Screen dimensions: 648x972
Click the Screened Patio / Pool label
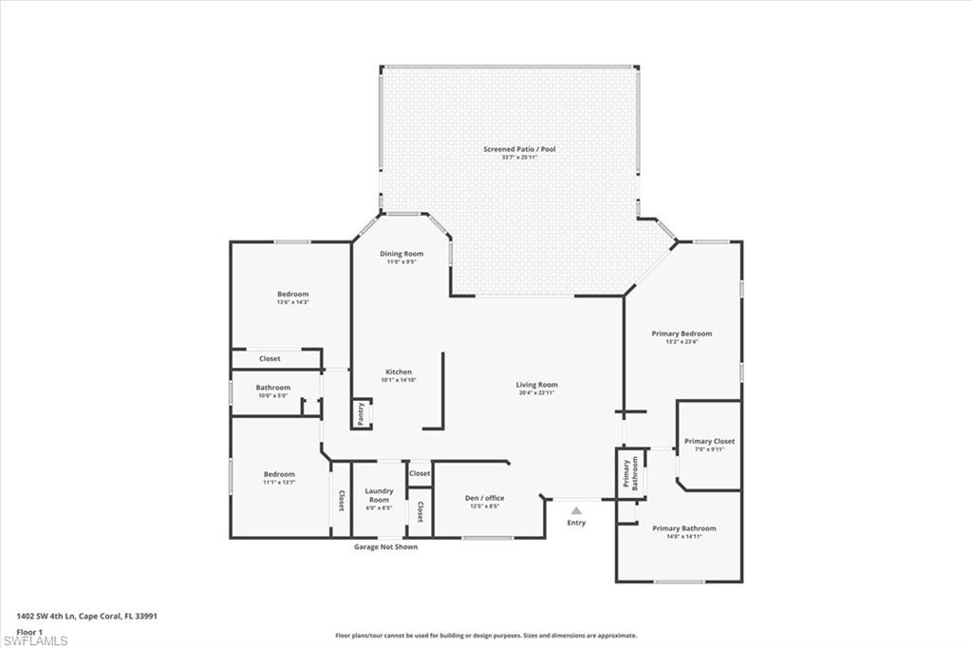click(519, 149)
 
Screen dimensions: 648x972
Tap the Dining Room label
click(402, 254)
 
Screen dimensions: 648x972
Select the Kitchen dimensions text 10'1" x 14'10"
click(399, 380)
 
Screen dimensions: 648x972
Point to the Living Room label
click(536, 385)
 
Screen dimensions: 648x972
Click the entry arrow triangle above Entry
click(576, 510)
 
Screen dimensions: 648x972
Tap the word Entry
click(576, 523)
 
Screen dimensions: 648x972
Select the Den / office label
click(485, 498)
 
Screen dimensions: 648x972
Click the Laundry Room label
click(378, 496)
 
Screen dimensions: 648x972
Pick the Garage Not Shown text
click(385, 546)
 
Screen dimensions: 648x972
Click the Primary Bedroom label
click(682, 334)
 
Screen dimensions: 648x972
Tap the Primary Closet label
click(709, 441)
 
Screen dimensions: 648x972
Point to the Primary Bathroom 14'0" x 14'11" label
click(683, 528)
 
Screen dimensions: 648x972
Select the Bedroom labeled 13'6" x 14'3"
click(292, 295)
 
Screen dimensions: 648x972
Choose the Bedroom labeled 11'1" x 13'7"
click(279, 474)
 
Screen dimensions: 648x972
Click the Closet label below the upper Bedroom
click(270, 358)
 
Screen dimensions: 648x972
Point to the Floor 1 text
click(29, 630)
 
